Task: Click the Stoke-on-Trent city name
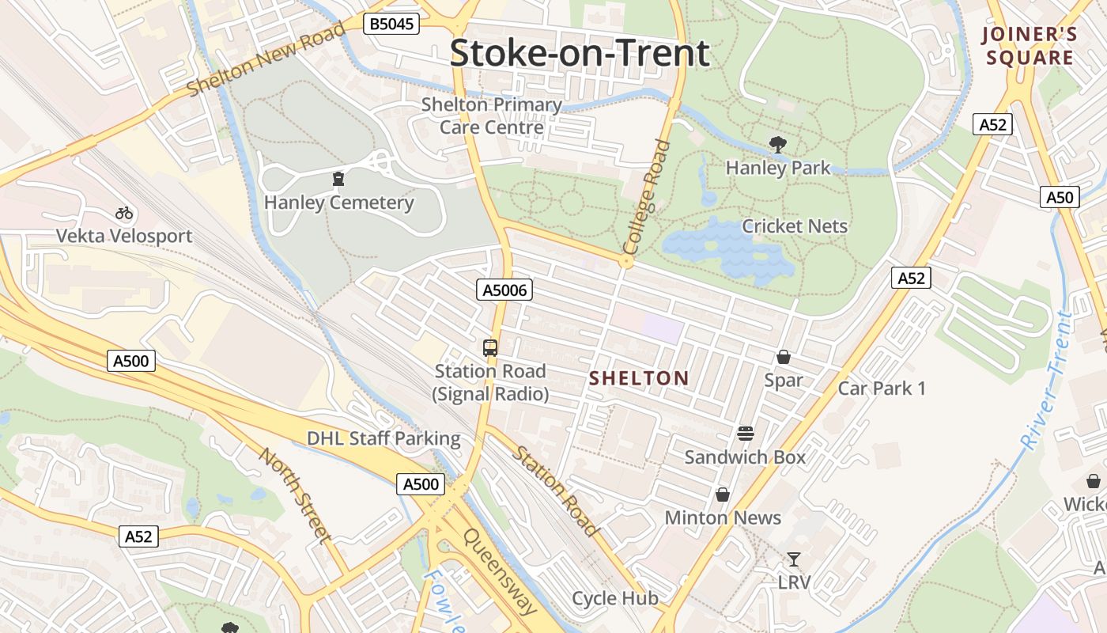pos(580,54)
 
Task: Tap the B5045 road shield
pos(391,25)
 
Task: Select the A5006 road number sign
pos(504,290)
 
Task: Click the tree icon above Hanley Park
pos(778,144)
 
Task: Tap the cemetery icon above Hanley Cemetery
pos(338,180)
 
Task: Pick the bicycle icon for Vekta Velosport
pos(124,213)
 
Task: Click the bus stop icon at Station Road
pos(490,347)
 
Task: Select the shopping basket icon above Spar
pos(783,357)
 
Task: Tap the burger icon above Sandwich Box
pos(745,434)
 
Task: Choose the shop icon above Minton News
pos(722,495)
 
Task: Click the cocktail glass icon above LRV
pos(793,559)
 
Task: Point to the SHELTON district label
pos(639,379)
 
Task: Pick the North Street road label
pos(296,495)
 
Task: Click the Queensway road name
pos(500,572)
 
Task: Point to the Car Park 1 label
pos(881,389)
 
